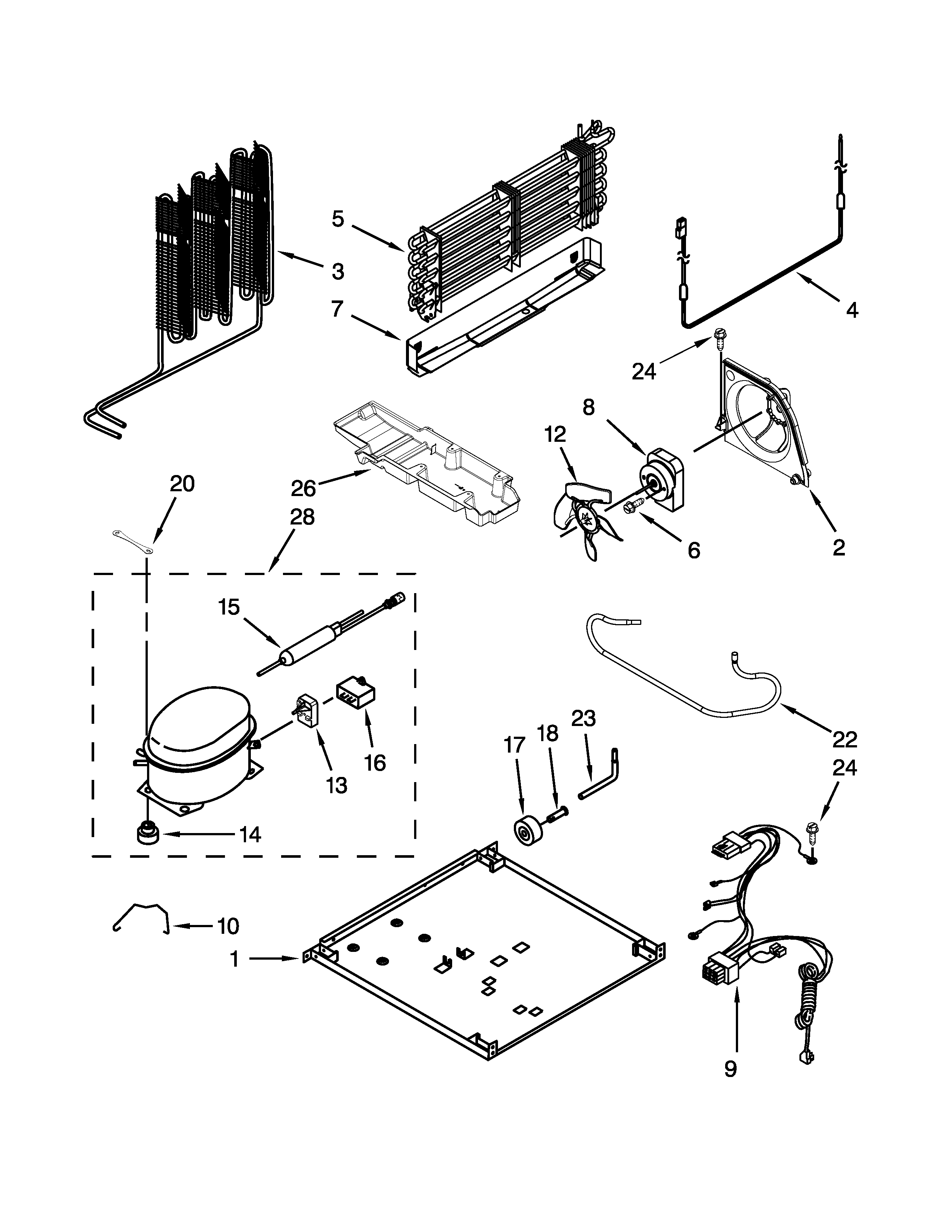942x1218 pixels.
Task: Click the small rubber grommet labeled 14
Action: [x=147, y=835]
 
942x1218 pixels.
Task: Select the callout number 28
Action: [x=302, y=517]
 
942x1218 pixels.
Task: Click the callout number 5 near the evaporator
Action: [x=338, y=219]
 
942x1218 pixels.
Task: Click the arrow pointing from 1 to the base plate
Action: [x=273, y=958]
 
